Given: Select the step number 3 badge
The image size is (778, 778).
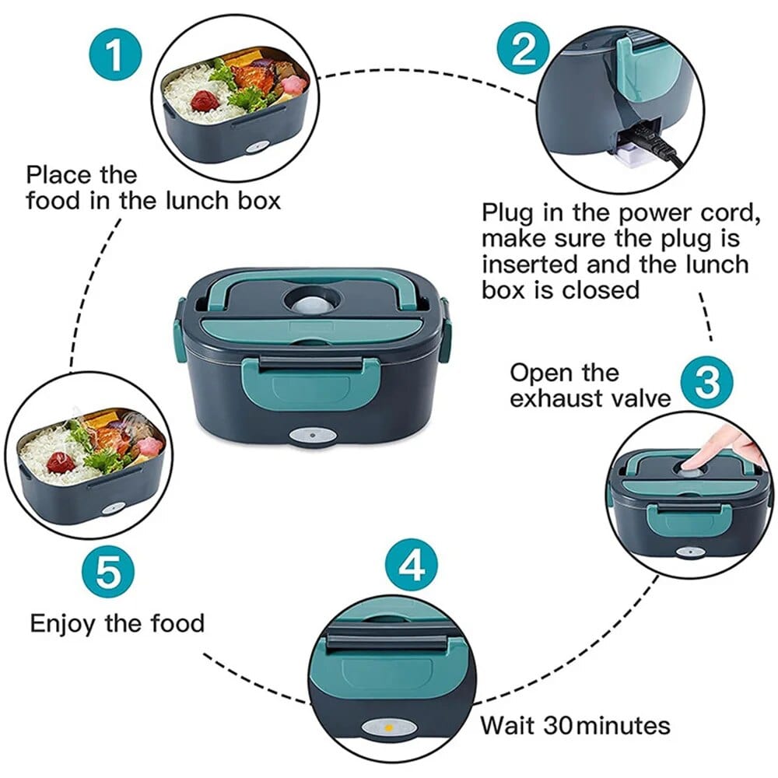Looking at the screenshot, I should click(706, 381).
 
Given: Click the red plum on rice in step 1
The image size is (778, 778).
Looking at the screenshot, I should click(205, 100).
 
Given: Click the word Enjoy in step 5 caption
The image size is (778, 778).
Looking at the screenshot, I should click(61, 623).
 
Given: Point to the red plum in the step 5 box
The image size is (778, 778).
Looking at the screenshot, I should click(61, 462).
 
